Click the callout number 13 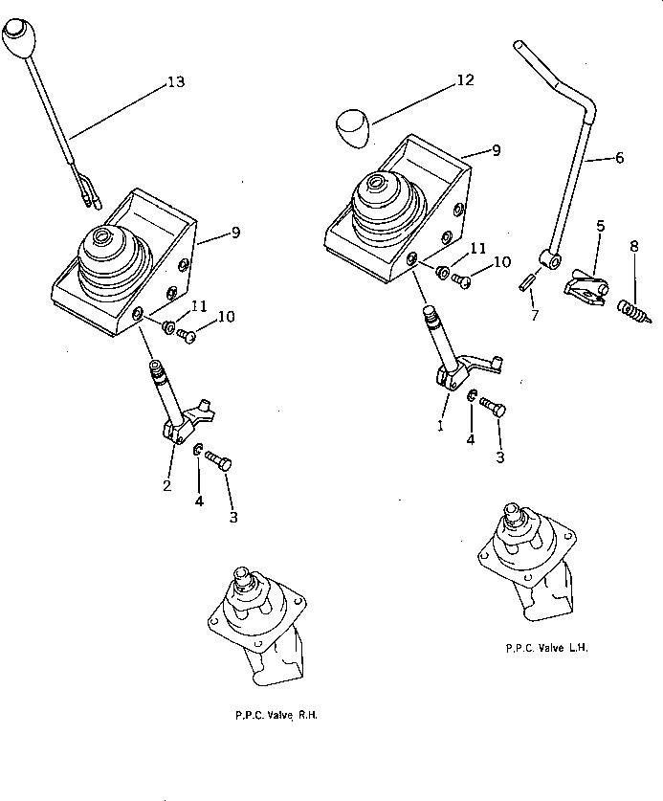click(175, 82)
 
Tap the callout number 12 click(464, 80)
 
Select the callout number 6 click(618, 158)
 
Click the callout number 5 click(599, 226)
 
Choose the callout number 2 click(168, 485)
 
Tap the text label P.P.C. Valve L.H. click(546, 648)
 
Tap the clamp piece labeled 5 click(585, 285)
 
